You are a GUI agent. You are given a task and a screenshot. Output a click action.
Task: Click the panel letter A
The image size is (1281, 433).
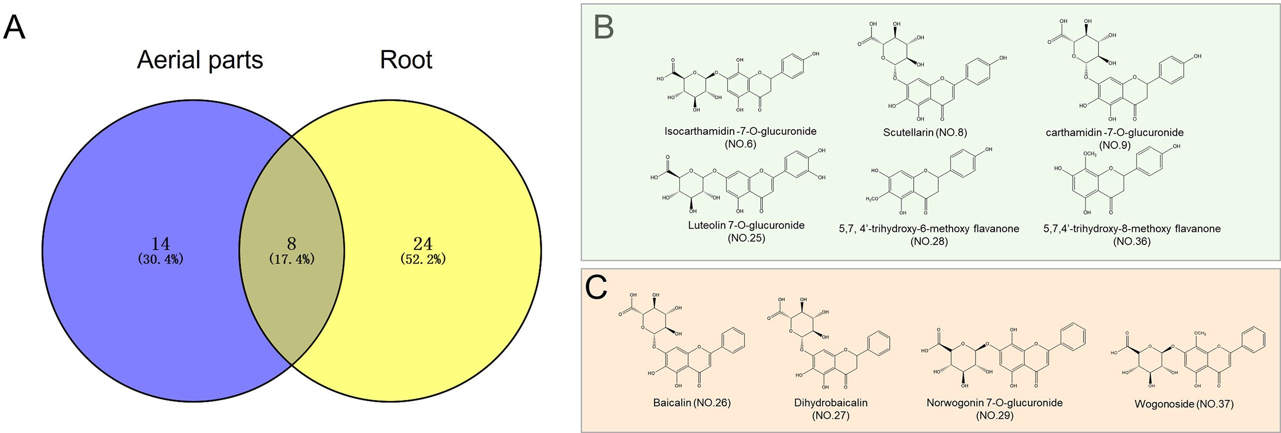pyautogui.click(x=14, y=28)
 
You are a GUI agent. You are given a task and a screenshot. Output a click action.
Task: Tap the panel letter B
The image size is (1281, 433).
pyautogui.click(x=603, y=28)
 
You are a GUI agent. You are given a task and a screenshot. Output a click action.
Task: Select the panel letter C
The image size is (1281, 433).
pyautogui.click(x=596, y=288)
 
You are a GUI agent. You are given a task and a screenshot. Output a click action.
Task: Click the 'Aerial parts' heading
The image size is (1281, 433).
pyautogui.click(x=199, y=60)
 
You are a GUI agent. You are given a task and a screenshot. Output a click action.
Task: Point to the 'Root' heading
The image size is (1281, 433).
pyautogui.click(x=406, y=60)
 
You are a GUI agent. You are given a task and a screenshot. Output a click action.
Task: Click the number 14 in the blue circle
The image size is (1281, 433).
pyautogui.click(x=160, y=244)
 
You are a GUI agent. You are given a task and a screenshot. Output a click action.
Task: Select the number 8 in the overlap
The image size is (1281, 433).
pyautogui.click(x=292, y=244)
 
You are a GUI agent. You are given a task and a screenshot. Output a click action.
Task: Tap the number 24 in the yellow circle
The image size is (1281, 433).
pyautogui.click(x=422, y=244)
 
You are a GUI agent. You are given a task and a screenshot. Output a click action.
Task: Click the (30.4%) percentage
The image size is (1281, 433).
pyautogui.click(x=160, y=259)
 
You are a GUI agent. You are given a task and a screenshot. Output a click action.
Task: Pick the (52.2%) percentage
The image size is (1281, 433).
pyautogui.click(x=422, y=259)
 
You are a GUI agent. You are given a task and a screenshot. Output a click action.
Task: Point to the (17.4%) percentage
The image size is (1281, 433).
pyautogui.click(x=292, y=259)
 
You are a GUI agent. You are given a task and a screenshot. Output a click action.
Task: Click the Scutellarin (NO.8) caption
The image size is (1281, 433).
pyautogui.click(x=925, y=133)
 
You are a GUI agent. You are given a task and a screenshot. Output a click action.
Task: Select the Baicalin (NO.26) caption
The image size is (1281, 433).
pyautogui.click(x=692, y=402)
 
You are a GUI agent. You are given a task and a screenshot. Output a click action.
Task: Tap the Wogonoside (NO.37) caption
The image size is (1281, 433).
pyautogui.click(x=1184, y=404)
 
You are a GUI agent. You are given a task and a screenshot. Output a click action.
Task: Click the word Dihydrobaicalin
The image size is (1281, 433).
pyautogui.click(x=830, y=402)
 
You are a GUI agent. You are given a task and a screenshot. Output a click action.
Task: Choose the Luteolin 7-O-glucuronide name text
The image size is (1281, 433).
pyautogui.click(x=746, y=226)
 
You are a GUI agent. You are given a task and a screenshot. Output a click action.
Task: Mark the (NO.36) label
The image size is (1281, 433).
pyautogui.click(x=1132, y=242)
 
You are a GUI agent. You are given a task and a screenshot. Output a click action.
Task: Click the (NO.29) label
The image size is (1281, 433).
pyautogui.click(x=994, y=415)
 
